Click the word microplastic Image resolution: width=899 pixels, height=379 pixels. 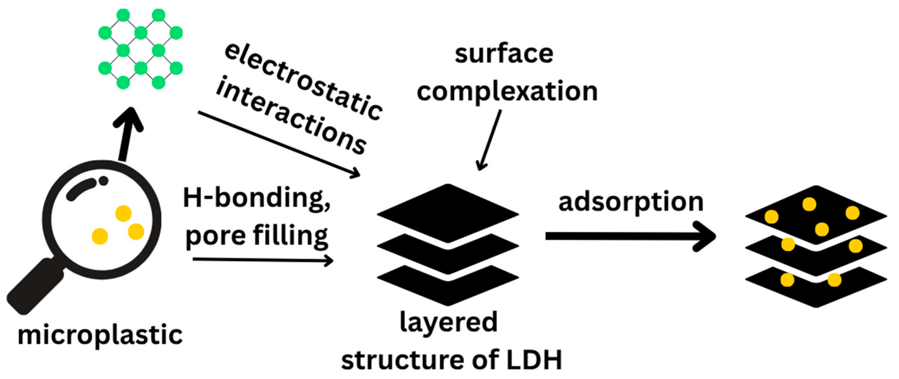click(x=100, y=335)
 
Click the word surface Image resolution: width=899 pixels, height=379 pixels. click(x=504, y=54)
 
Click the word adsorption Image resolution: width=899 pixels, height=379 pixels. click(x=631, y=202)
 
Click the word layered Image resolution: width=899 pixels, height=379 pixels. click(x=449, y=322)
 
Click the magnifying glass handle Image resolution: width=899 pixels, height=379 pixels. click(x=35, y=286)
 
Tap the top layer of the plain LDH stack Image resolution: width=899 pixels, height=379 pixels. click(x=448, y=213)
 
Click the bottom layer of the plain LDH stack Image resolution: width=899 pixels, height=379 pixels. click(x=448, y=285)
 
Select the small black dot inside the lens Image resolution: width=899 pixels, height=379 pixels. click(x=103, y=181)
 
